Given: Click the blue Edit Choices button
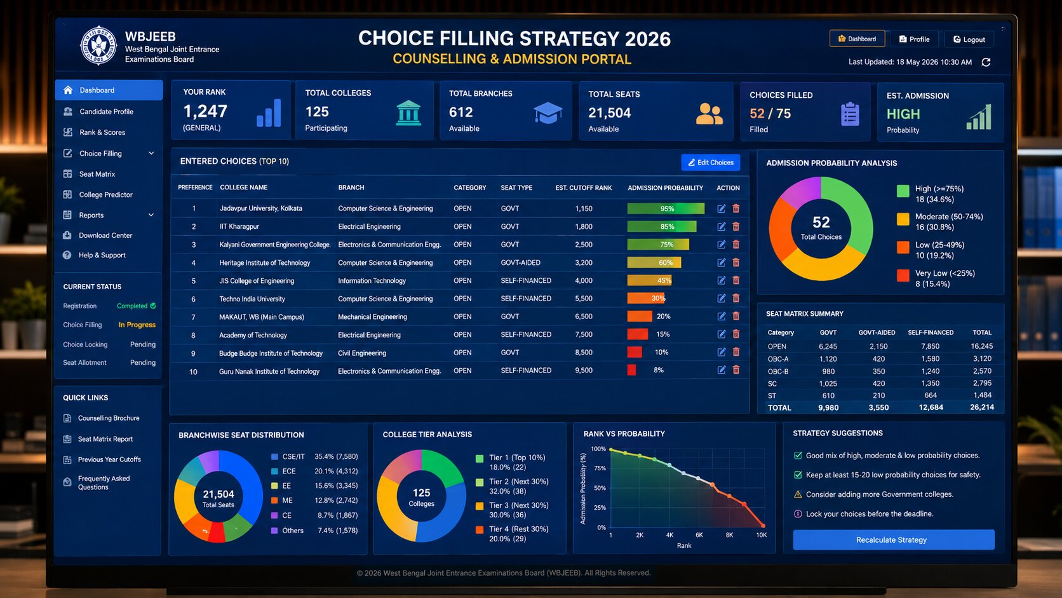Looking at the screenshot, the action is tap(710, 163).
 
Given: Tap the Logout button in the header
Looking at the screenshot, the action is tap(969, 39).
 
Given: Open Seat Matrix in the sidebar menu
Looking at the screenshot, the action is tap(97, 174).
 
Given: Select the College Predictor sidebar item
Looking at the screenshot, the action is tap(105, 194).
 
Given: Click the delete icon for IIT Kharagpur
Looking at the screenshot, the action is tap(736, 227).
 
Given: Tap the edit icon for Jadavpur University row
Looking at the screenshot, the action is tap(721, 208).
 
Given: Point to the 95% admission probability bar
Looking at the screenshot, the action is tap(666, 208).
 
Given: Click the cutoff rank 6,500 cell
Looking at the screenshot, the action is tap(584, 316).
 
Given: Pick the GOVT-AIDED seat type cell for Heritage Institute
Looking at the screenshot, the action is tap(521, 262).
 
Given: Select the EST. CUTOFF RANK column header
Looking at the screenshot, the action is tap(584, 188).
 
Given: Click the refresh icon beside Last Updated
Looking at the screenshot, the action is tap(986, 62).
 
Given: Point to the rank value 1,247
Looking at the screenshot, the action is tap(205, 111).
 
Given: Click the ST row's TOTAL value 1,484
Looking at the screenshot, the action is tap(982, 395).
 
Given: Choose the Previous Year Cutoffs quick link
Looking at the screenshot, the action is tap(109, 459).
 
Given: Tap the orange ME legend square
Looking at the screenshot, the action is tap(274, 500).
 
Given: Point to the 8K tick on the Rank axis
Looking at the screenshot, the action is tap(729, 535).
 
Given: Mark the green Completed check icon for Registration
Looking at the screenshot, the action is tap(152, 306).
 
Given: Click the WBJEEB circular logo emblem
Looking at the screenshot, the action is tap(98, 46).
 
